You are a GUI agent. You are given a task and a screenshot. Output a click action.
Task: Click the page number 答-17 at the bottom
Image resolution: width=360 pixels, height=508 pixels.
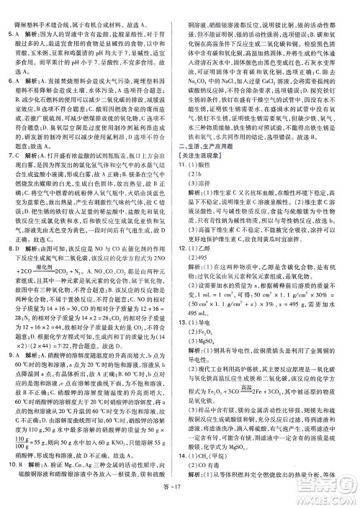[179, 499]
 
